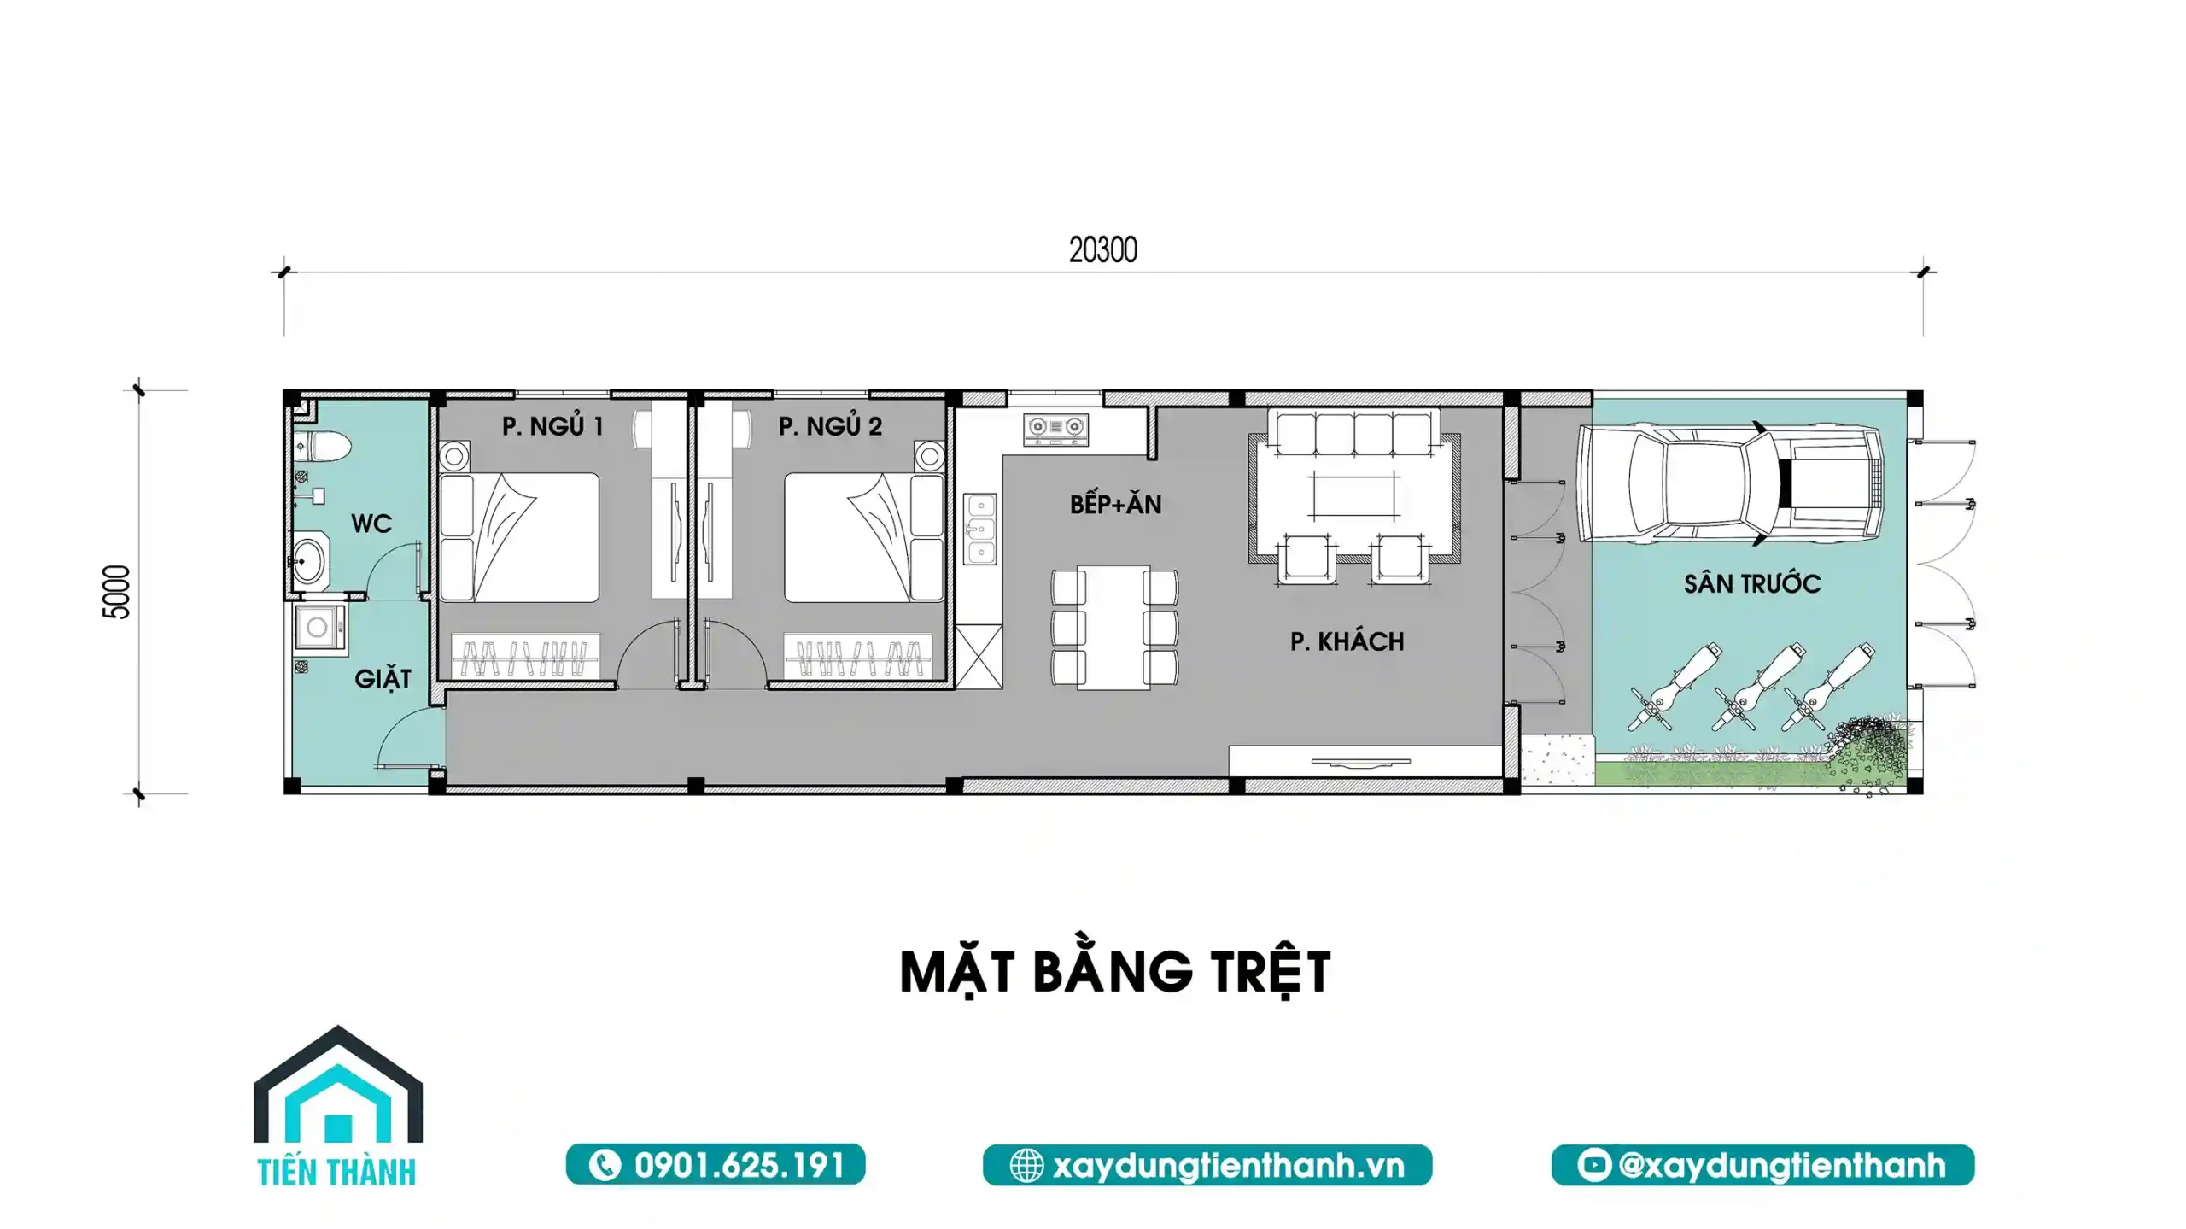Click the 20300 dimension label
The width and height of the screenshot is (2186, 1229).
[x=1102, y=250]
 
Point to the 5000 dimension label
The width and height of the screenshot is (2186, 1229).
[x=117, y=592]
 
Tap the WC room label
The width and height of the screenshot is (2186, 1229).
[x=371, y=524]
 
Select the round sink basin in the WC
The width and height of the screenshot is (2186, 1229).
[x=308, y=561]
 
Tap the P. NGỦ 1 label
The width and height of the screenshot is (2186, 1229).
[x=552, y=425]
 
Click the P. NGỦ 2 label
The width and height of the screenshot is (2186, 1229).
[x=830, y=425]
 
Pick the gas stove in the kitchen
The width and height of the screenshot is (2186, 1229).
[x=1056, y=429]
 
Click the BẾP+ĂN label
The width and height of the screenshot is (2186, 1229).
[x=1115, y=504]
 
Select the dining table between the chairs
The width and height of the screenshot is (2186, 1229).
[x=1113, y=627]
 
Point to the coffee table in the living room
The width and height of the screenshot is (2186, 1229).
[x=1354, y=495]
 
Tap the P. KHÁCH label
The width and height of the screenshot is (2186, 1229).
[x=1347, y=641]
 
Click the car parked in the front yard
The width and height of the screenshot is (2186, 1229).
[x=1730, y=484]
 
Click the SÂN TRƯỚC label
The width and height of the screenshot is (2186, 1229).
[x=1752, y=584]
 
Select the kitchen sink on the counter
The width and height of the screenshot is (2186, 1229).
[x=980, y=529]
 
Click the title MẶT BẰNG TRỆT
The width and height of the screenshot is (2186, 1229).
[x=1115, y=973]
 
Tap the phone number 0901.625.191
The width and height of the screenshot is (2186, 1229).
[x=739, y=1166]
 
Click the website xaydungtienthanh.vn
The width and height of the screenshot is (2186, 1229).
[x=1228, y=1166]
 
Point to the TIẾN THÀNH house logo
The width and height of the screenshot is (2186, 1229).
[x=338, y=1105]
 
